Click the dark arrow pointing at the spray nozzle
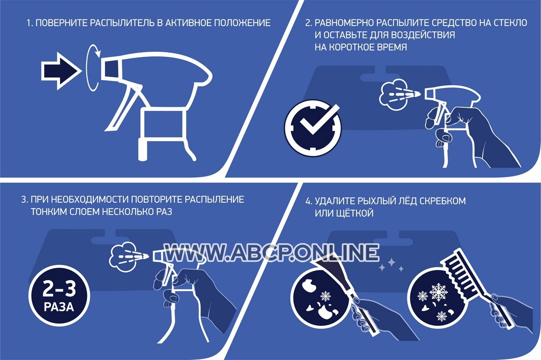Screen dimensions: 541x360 coord(60,71)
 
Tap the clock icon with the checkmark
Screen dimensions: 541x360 coord(313,128)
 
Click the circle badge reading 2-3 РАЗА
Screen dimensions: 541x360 coord(59,296)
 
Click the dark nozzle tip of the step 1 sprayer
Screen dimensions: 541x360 coord(110,70)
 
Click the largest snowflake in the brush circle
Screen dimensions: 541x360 coord(439,292)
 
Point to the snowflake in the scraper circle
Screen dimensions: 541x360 coord(326,296)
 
